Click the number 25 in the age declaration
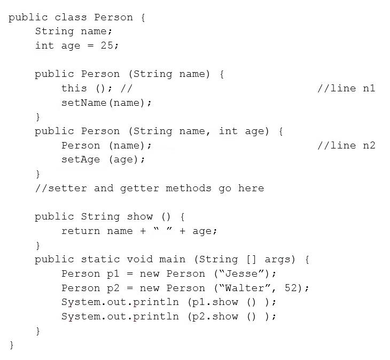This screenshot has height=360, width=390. pos(107,45)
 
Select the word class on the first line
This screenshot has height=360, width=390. pos(71,17)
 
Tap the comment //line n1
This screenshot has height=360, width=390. pos(346,88)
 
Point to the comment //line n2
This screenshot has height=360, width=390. pos(346,145)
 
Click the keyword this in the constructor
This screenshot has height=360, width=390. pos(74,88)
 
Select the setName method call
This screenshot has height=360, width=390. pos(84,103)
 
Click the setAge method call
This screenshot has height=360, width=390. pos(81,160)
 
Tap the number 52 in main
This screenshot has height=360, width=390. pos(291,288)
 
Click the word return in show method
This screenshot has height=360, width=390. pos(81,231)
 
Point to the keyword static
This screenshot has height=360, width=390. pos(100,259)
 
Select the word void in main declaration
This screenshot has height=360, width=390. pos(139,259)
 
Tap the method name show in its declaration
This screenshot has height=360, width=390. pos(139,216)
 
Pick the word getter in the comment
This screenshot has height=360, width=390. pos(139,189)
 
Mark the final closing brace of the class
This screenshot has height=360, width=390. pos(11,345)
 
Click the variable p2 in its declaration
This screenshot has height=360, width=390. pos(113,288)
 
